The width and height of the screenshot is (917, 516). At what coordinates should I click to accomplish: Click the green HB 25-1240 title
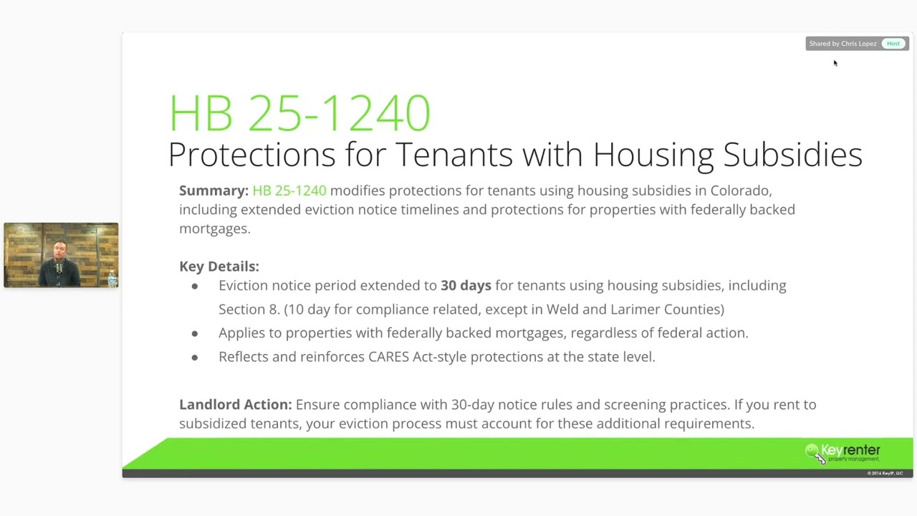coord(299,113)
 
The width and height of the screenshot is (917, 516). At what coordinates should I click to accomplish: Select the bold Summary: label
coord(213,191)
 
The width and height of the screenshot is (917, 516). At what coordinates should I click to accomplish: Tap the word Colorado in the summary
coord(741,191)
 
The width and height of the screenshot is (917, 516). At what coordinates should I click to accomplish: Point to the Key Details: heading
coord(219,267)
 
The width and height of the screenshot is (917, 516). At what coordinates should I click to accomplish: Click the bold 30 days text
coord(466,285)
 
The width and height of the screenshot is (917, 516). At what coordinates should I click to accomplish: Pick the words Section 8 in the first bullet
coord(249,309)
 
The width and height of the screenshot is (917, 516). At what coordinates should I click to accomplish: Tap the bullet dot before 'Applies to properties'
coord(195,333)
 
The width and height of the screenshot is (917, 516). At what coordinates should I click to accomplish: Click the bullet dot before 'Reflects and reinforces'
coord(195,357)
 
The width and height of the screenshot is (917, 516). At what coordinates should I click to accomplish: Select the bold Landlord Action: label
coord(235,404)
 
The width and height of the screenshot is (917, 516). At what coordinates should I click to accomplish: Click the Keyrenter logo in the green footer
coord(843,452)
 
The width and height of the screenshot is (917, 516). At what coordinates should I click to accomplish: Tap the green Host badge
coord(893,44)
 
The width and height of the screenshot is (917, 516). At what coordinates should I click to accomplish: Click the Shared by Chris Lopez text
coord(842,44)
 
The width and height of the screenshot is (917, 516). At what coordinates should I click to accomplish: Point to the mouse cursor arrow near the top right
coord(835,63)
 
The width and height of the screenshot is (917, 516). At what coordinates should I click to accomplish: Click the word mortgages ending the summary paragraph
coord(213,229)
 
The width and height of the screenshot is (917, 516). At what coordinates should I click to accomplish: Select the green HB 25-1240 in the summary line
coord(289,191)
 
